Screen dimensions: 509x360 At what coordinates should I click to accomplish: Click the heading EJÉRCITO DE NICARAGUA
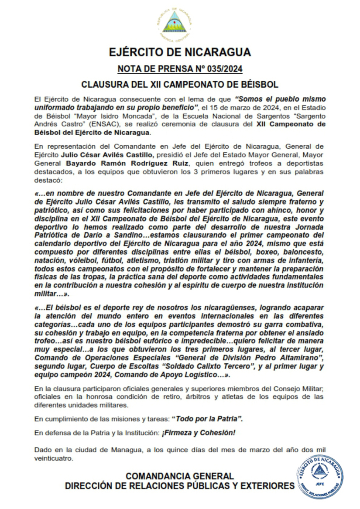coord(180,53)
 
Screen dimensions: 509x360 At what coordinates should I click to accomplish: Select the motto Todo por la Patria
coord(207,419)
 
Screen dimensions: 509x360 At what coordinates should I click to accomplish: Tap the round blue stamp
coord(320,476)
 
